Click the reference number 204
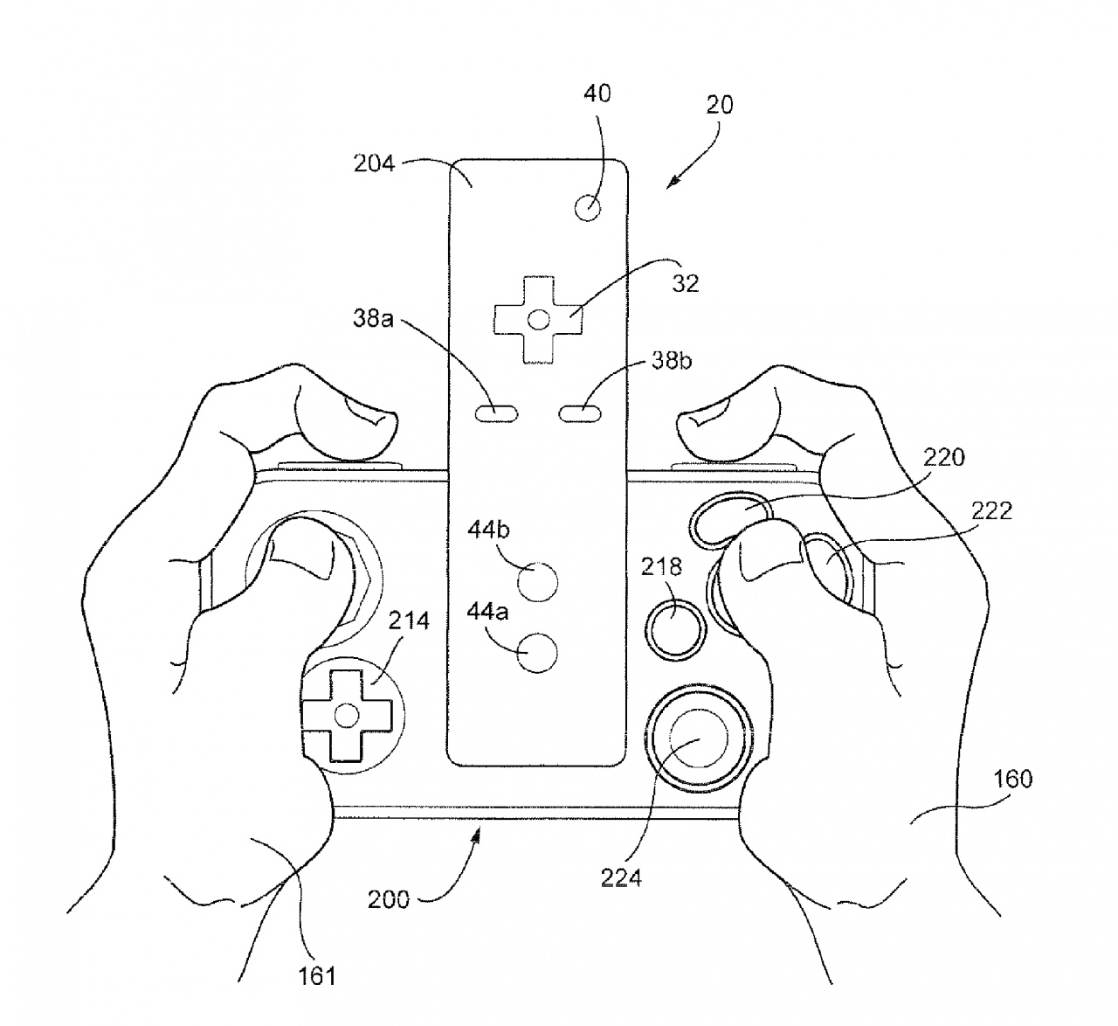pyautogui.click(x=374, y=163)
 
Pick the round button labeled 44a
pyautogui.click(x=537, y=653)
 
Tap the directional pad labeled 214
pyautogui.click(x=346, y=716)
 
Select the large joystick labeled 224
pyautogui.click(x=697, y=737)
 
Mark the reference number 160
pyautogui.click(x=1012, y=778)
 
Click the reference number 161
pyautogui.click(x=316, y=974)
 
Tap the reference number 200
pyautogui.click(x=388, y=898)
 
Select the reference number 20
pyautogui.click(x=719, y=105)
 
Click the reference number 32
pyautogui.click(x=685, y=283)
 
